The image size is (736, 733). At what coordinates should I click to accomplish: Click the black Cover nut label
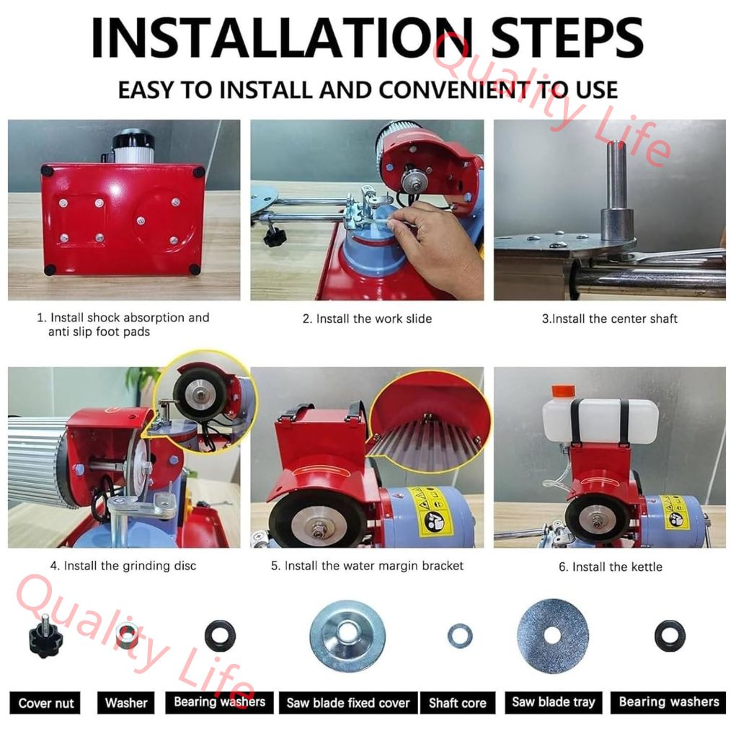(x=45, y=703)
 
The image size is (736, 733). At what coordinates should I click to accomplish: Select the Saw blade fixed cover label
(x=348, y=703)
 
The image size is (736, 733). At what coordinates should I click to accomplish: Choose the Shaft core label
(x=458, y=703)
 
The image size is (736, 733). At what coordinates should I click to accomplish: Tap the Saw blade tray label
(x=554, y=702)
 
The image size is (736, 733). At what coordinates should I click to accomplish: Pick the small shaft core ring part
(x=459, y=636)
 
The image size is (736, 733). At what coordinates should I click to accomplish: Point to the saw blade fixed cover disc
(x=347, y=636)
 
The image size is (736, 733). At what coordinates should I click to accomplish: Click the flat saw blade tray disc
(x=552, y=636)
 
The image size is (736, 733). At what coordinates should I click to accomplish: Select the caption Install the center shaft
(x=610, y=319)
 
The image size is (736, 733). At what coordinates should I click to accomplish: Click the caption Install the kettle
(x=610, y=567)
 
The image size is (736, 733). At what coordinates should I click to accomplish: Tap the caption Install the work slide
(x=367, y=319)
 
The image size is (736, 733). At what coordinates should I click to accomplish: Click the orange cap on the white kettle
(x=563, y=391)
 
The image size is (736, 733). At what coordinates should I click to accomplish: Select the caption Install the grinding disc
(x=123, y=566)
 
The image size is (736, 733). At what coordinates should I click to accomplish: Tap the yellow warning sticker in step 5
(x=430, y=512)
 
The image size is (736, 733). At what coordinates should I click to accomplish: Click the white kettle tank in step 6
(x=600, y=420)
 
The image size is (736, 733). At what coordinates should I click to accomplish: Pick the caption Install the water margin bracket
(x=367, y=566)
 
